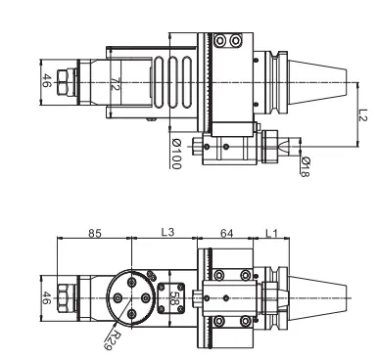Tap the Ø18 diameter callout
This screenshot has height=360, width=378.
pyautogui.click(x=306, y=165)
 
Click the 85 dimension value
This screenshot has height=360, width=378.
pyautogui.click(x=95, y=235)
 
